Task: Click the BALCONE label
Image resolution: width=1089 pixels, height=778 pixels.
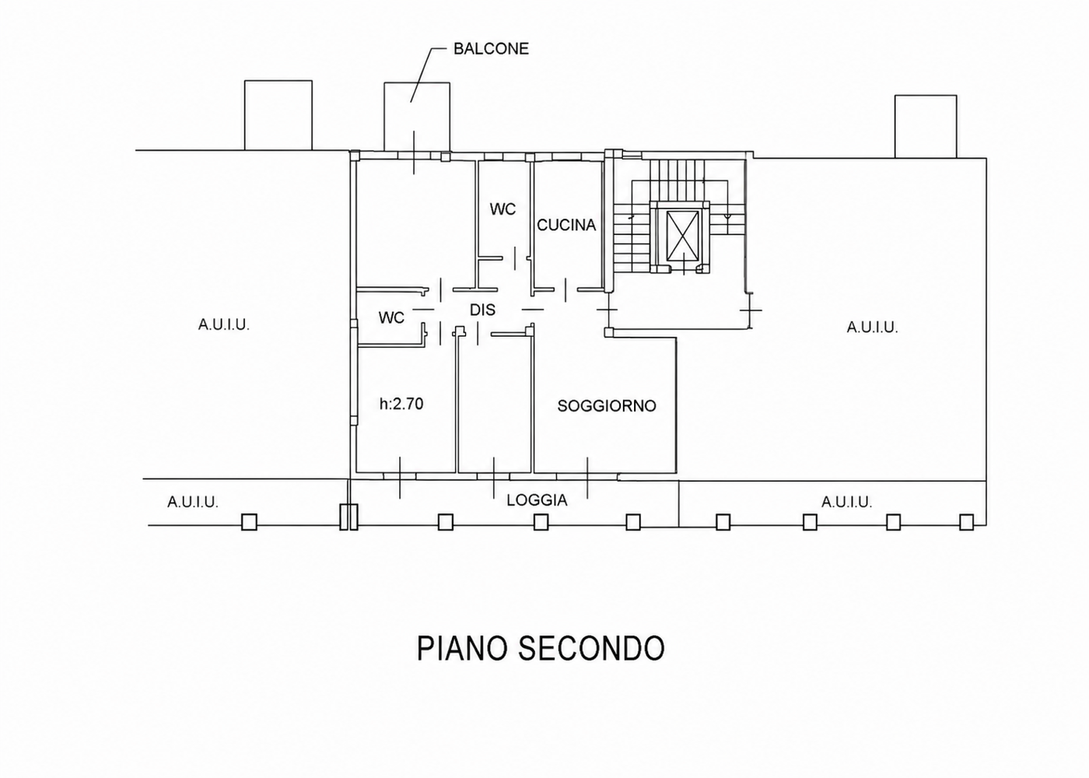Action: point(491,49)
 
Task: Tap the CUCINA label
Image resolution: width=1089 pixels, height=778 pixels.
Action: point(566,225)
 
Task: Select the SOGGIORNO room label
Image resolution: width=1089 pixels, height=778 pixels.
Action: point(607,406)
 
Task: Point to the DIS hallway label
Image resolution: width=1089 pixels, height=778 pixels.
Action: point(482,310)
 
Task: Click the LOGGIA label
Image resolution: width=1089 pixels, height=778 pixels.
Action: point(537,500)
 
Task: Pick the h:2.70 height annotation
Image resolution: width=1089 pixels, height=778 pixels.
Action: point(401,404)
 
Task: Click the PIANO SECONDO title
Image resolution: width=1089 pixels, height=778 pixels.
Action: point(541,647)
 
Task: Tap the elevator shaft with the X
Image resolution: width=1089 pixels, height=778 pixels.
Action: point(683,235)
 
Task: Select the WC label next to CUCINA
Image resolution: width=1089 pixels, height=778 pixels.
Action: point(502,209)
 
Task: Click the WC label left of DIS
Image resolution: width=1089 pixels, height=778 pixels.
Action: point(391,318)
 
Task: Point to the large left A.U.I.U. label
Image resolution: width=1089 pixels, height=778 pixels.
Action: point(224,325)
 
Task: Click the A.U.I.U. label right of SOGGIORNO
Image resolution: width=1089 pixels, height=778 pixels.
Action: point(872,328)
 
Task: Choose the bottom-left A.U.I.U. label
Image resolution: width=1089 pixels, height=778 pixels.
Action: point(193,502)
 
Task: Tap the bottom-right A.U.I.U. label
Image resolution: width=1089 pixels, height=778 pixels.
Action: point(847,502)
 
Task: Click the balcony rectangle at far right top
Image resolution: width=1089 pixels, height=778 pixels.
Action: point(926,126)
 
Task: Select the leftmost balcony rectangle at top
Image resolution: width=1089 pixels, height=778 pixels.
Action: point(278,115)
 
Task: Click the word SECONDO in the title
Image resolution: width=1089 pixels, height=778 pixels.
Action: point(592,647)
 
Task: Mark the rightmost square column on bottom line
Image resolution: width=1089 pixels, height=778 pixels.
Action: point(966,522)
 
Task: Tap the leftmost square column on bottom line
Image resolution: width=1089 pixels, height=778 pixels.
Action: point(250,522)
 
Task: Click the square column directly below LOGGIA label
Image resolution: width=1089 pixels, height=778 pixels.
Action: point(541,522)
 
